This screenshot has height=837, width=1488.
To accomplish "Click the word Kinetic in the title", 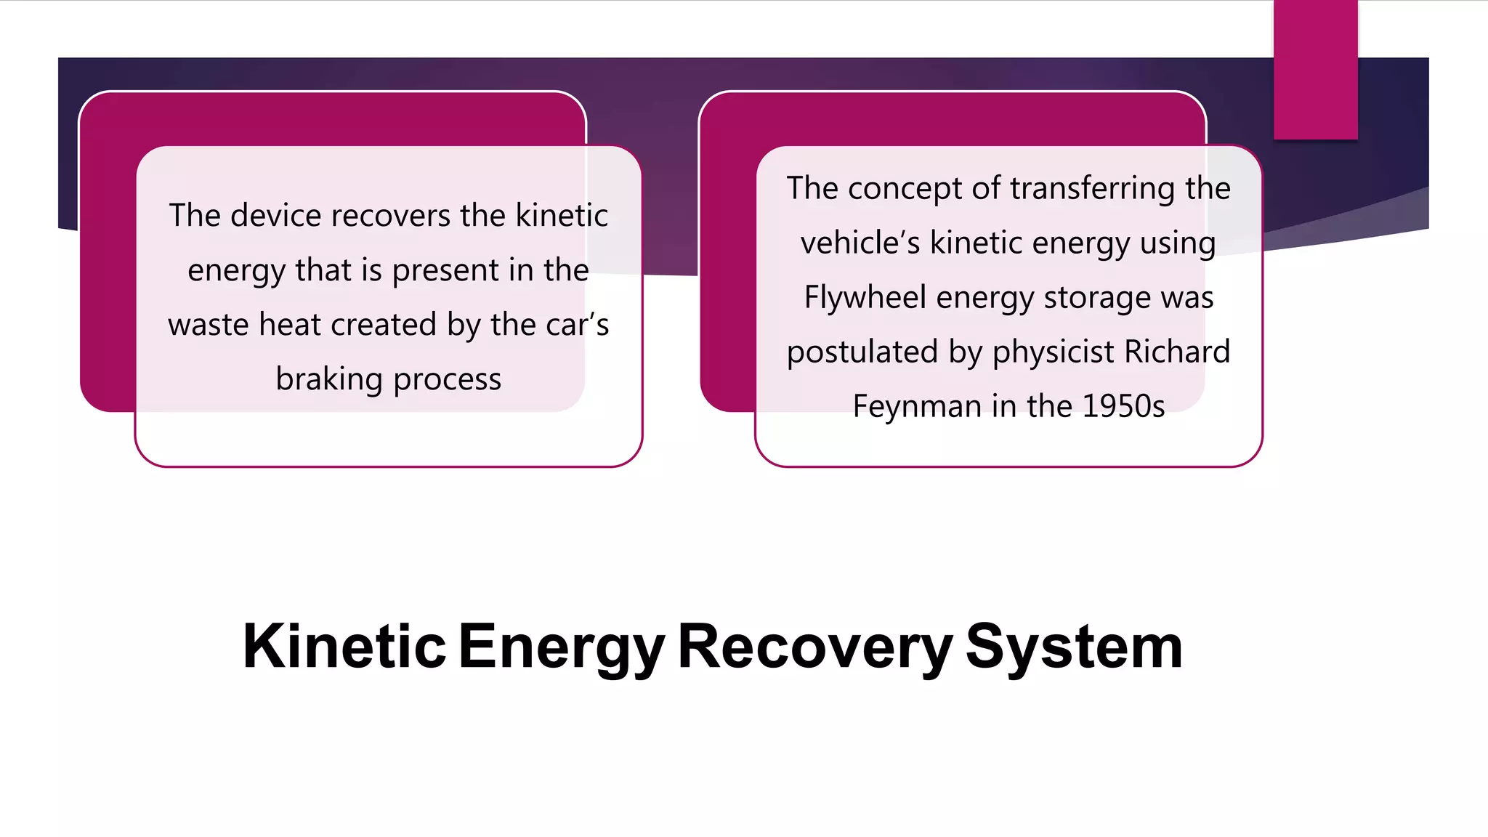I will [x=344, y=646].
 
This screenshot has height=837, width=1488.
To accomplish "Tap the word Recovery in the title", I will [x=814, y=646].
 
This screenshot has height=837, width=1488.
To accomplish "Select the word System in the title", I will [x=1073, y=646].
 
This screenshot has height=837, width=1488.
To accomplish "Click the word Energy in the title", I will [x=561, y=646].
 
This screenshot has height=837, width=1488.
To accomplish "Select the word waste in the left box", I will [x=209, y=325].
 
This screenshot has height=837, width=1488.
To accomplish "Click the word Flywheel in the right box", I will [x=865, y=297].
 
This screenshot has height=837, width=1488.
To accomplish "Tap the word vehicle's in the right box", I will [x=860, y=243].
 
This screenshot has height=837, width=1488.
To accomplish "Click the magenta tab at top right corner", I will [x=1315, y=69].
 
